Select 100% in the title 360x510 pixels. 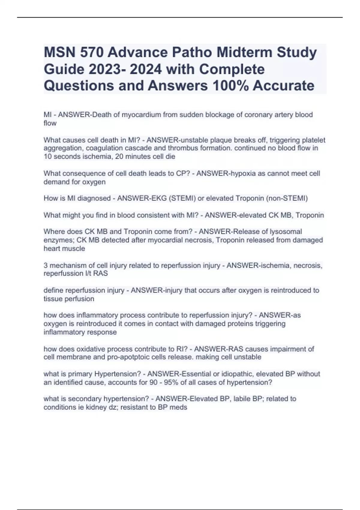tap(230, 85)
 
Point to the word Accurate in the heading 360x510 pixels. tap(283, 85)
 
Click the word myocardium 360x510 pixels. tap(141, 115)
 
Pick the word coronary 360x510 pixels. tap(258, 115)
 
